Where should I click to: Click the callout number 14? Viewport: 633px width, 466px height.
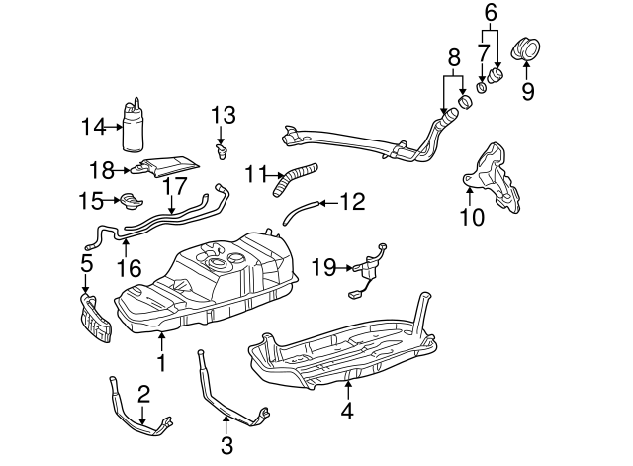[x=92, y=125]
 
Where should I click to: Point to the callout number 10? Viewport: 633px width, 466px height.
[x=472, y=216]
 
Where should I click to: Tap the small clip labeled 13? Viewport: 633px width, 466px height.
[x=223, y=151]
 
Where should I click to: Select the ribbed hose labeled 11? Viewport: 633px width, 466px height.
[x=295, y=177]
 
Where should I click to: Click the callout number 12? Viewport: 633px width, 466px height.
[x=352, y=202]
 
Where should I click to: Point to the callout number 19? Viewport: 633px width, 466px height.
[x=322, y=266]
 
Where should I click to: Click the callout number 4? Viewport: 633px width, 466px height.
[x=346, y=408]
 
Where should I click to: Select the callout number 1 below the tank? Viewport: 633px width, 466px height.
[x=161, y=363]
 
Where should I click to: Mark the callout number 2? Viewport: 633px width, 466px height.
[x=143, y=395]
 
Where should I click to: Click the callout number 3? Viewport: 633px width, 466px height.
[x=227, y=445]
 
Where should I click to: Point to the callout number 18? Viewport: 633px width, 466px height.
[x=103, y=169]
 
